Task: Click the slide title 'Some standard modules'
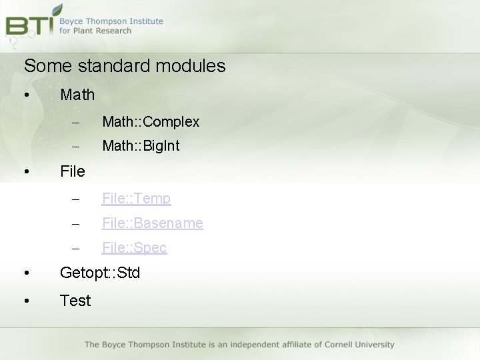[x=125, y=66]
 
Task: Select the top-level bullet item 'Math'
[x=77, y=95]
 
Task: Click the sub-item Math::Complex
[x=151, y=121]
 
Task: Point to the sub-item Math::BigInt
[x=141, y=145]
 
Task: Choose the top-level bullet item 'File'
[x=73, y=171]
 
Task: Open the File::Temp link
[x=136, y=198]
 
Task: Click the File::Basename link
[x=152, y=223]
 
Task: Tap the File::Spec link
[x=134, y=247]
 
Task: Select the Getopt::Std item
[x=100, y=273]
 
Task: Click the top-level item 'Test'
[x=75, y=301]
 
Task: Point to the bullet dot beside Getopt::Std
[x=25, y=273]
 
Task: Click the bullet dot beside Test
[x=25, y=301]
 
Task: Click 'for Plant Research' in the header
[x=95, y=31]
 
